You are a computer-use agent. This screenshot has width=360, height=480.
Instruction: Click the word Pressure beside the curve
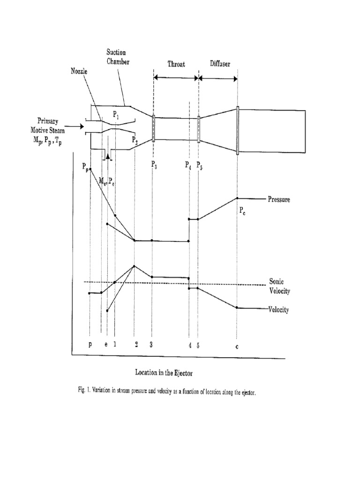pyautogui.click(x=279, y=199)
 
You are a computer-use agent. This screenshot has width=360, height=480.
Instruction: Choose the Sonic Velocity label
pyautogui.click(x=279, y=286)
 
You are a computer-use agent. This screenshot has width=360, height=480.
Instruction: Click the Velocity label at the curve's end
pyautogui.click(x=278, y=310)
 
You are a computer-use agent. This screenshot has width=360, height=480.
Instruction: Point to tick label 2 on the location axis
pyautogui.click(x=136, y=345)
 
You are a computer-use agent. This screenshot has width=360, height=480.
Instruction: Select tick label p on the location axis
pyautogui.click(x=90, y=345)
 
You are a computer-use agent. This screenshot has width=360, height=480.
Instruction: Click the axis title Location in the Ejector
pyautogui.click(x=164, y=373)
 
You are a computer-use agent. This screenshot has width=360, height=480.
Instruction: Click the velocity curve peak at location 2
pyautogui.click(x=135, y=266)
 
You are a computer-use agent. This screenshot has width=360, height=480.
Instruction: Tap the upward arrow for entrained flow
pyautogui.click(x=108, y=157)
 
